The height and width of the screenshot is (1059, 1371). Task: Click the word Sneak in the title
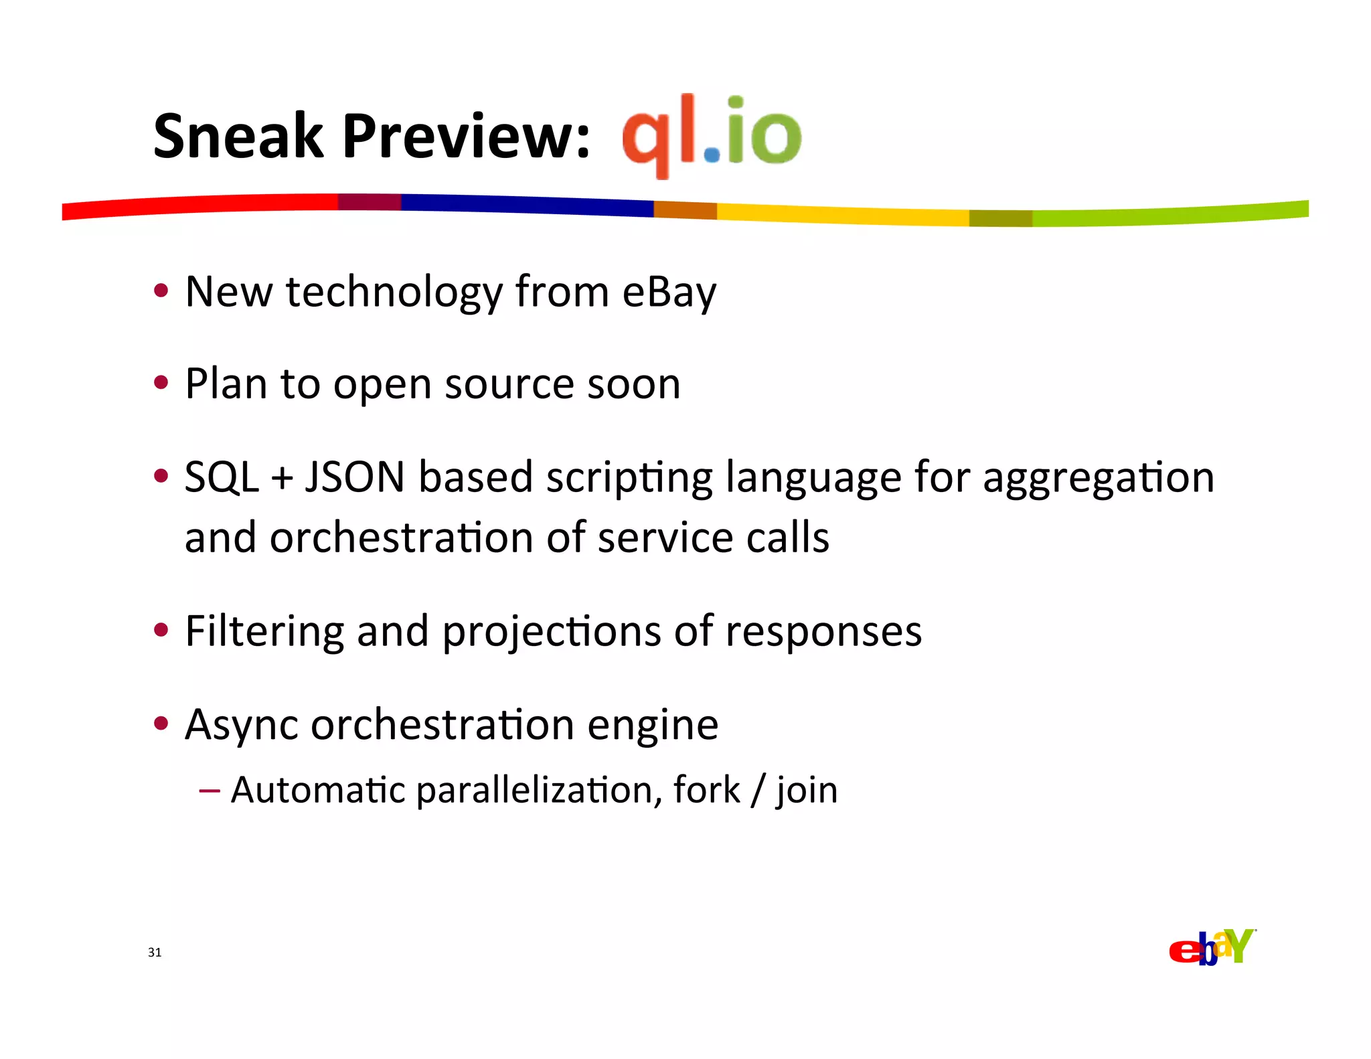[238, 137]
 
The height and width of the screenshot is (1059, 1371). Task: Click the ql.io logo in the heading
[711, 134]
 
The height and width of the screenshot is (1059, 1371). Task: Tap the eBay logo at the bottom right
[1212, 947]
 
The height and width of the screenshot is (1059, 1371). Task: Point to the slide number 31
[155, 953]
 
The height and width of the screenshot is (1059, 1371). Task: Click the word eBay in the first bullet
[669, 293]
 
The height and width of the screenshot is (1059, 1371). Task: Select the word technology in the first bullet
[394, 293]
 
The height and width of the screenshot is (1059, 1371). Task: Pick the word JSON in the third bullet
[355, 477]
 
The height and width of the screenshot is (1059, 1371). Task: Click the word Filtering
[264, 632]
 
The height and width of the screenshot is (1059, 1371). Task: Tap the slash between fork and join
[758, 791]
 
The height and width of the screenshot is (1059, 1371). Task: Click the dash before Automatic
[210, 791]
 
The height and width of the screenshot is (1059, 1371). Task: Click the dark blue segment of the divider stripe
[529, 205]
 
